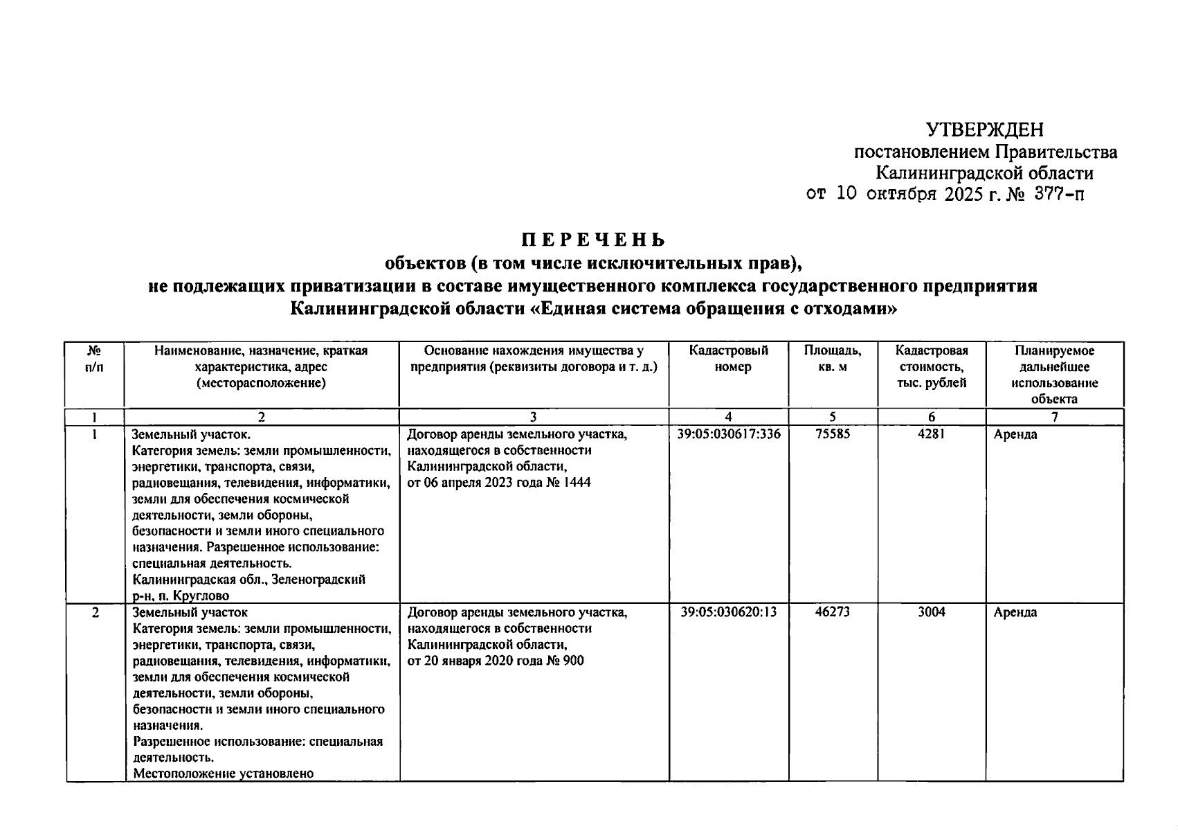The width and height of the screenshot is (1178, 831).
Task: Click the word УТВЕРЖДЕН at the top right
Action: tap(984, 129)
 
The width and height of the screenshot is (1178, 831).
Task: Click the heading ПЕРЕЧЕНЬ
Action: tap(593, 240)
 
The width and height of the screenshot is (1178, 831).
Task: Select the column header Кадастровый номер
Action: tap(729, 359)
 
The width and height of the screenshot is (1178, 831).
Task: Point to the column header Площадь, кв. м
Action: tap(833, 359)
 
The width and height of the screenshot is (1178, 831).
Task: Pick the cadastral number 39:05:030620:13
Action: tap(729, 612)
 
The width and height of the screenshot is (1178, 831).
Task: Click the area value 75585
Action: tap(833, 434)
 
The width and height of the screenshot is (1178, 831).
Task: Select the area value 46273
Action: tap(833, 612)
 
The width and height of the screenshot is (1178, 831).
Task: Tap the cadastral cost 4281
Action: tap(931, 434)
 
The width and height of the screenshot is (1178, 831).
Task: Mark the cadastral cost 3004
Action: tap(931, 612)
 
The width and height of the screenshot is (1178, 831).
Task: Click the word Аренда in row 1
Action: tap(1015, 435)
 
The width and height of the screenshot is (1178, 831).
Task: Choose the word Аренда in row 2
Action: tap(1015, 613)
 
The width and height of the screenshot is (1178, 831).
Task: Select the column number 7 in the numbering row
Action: tap(1054, 417)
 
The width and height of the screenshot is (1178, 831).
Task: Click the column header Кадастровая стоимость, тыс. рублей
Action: tap(931, 367)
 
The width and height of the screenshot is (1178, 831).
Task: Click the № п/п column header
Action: tap(94, 359)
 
